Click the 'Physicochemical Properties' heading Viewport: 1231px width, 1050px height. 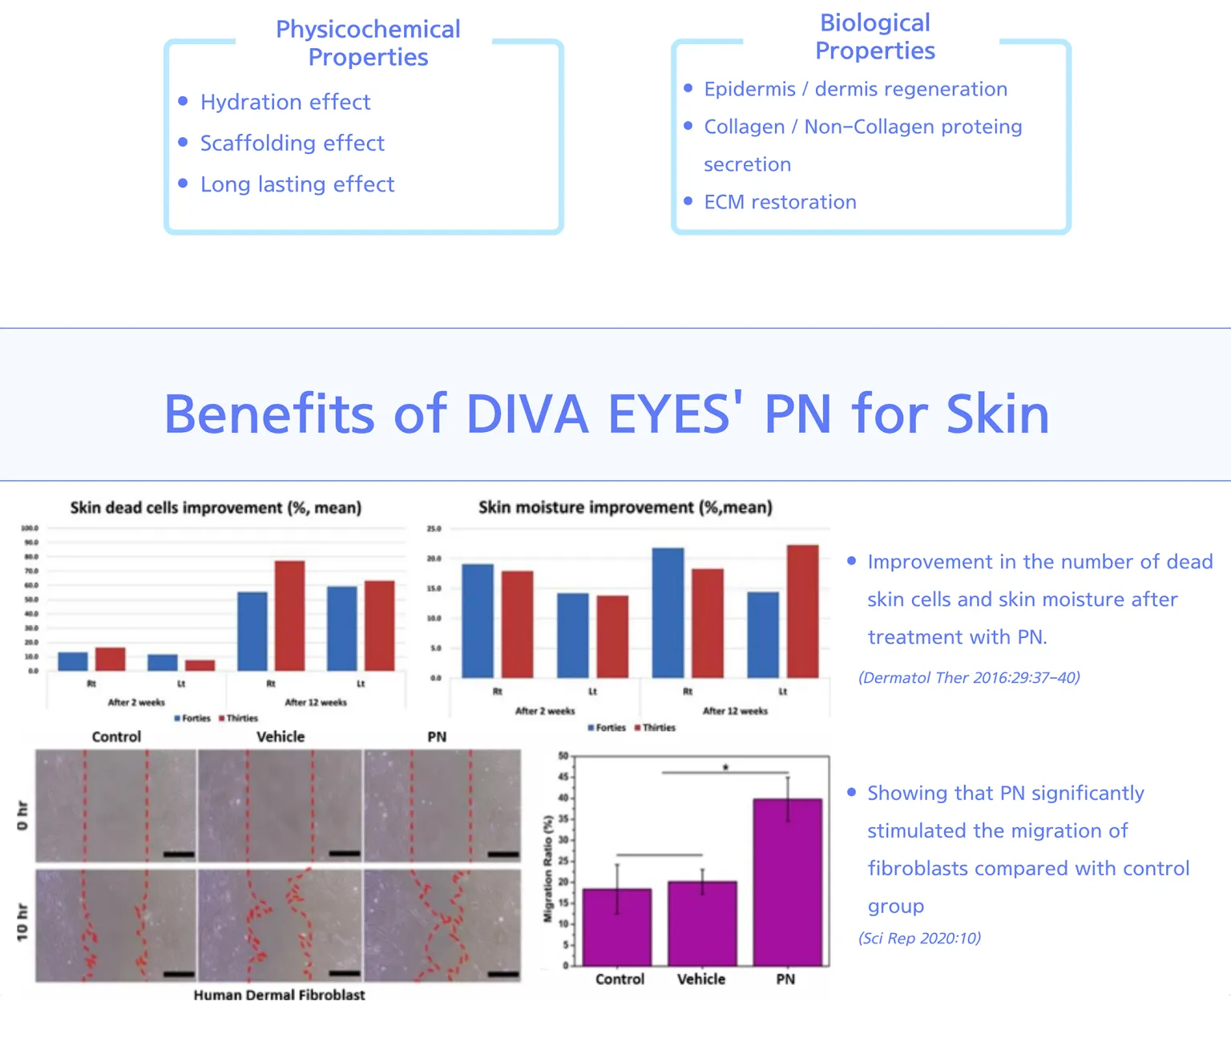coord(368,43)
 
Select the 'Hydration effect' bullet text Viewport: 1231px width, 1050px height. coord(285,103)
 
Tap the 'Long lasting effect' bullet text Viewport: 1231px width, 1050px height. coord(297,184)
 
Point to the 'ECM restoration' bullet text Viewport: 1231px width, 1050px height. coord(780,202)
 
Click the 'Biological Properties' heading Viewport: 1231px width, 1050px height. coord(874,37)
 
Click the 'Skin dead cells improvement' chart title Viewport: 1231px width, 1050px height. coord(216,508)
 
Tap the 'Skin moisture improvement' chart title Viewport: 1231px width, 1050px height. coord(625,507)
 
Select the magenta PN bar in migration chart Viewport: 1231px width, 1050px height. coord(787,882)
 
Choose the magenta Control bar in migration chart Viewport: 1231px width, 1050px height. coord(617,927)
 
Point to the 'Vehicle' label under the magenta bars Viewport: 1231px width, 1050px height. coord(701,979)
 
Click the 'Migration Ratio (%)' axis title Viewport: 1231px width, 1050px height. coord(549,868)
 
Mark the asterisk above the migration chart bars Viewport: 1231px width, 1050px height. coord(725,768)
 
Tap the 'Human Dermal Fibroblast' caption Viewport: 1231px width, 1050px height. coord(279,995)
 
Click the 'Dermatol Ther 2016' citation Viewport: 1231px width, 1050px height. coord(969,678)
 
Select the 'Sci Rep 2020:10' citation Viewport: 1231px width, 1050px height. coord(919,939)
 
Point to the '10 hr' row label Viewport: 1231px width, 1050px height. coord(22,922)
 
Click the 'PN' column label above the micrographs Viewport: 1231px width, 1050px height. coord(437,737)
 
